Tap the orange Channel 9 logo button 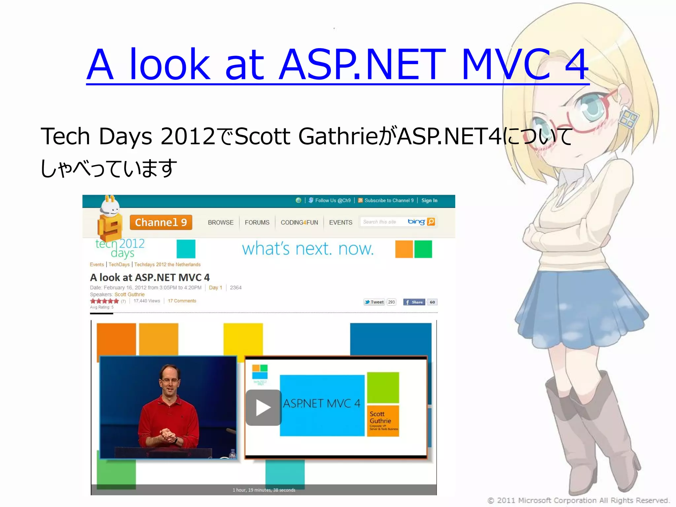161,222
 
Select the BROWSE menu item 220,222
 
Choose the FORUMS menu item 257,222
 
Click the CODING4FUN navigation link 299,222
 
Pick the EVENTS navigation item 341,222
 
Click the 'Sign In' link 429,200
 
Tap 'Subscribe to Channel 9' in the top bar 389,200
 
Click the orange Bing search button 431,221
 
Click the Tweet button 374,302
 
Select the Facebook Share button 414,302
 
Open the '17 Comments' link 182,301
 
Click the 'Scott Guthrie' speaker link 129,294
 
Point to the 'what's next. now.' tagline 308,249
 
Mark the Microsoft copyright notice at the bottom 578,500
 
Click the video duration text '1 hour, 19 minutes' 264,490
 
